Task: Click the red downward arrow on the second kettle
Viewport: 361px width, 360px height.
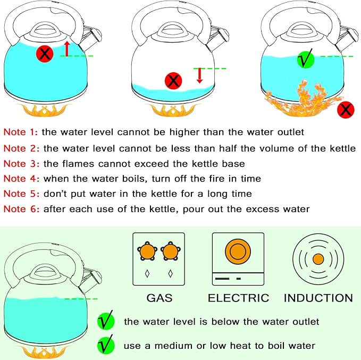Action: click(199, 75)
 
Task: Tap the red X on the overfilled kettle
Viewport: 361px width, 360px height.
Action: click(45, 54)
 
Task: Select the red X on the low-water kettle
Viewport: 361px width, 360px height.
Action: click(174, 81)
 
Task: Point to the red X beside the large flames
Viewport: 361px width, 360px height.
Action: click(346, 110)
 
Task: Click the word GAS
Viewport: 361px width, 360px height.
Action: click(159, 298)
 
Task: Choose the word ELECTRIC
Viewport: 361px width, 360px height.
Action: click(238, 298)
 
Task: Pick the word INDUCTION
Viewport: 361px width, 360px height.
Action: click(318, 298)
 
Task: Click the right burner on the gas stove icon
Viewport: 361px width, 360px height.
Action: click(170, 250)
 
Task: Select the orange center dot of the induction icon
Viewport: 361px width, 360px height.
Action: click(318, 259)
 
